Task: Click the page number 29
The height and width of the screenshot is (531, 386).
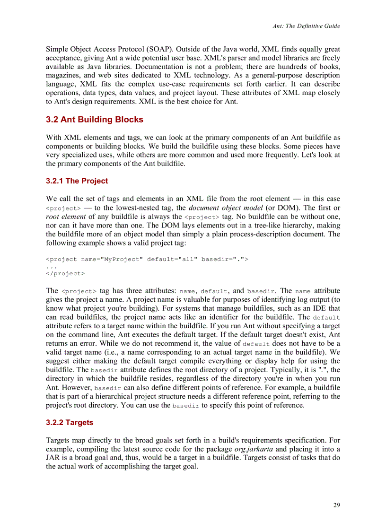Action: pos(336,505)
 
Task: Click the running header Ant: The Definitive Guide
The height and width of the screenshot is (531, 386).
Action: pos(306,26)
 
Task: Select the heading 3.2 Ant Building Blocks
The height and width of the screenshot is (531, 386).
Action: pos(95,120)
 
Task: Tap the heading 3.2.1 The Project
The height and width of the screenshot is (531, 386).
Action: pos(77,181)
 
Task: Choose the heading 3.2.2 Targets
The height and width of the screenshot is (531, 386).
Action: pos(70,423)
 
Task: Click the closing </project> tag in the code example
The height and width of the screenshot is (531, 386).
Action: pos(65,274)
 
